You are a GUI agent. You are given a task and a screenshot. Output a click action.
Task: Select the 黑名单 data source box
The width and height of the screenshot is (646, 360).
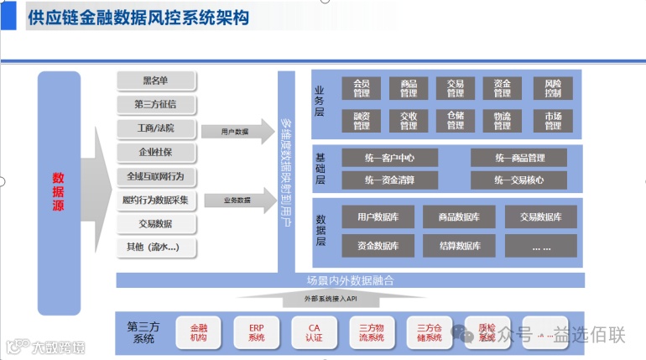(x=156, y=81)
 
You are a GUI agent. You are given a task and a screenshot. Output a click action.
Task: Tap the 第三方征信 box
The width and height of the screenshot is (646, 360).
(x=156, y=105)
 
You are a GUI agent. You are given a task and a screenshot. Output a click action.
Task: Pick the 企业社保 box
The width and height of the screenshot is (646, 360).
(x=156, y=153)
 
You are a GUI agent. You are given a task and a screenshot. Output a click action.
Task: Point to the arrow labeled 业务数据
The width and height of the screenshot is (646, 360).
(x=238, y=201)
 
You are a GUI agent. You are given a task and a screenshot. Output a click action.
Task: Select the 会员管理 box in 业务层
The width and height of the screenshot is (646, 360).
(x=362, y=88)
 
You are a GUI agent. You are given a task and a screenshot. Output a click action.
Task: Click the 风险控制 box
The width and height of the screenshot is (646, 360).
(x=553, y=88)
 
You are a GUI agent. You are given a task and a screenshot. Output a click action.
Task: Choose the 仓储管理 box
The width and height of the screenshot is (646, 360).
(x=456, y=120)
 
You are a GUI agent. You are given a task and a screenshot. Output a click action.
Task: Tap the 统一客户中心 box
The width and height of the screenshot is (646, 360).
(x=389, y=158)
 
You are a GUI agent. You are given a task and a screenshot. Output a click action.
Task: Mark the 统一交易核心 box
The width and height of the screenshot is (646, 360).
(x=518, y=180)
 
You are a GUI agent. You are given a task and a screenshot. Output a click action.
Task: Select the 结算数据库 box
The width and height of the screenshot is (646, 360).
(x=459, y=246)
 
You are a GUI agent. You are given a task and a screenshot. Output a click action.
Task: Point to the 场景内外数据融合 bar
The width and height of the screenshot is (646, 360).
(x=350, y=280)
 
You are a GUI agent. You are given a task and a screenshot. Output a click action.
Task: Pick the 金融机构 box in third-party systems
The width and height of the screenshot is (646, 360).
(x=199, y=332)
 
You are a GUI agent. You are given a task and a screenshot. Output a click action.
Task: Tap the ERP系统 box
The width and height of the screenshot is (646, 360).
(x=257, y=332)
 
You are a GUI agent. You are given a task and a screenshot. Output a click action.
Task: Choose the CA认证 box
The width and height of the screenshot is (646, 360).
(x=314, y=332)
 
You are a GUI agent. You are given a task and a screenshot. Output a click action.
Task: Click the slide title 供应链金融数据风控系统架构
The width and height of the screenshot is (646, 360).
(x=138, y=18)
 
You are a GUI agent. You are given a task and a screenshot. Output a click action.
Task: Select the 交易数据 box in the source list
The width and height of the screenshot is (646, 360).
(x=156, y=224)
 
